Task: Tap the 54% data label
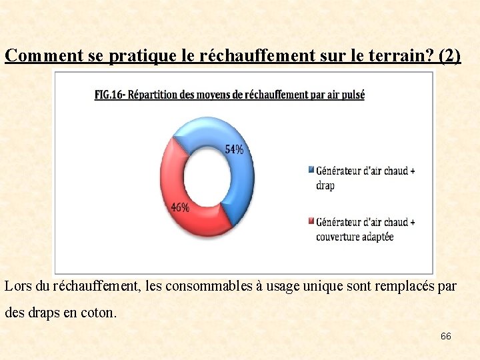(x=234, y=149)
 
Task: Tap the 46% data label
(x=180, y=207)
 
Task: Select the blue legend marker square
(x=311, y=169)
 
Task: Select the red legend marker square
(x=311, y=221)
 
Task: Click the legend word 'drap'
(x=325, y=185)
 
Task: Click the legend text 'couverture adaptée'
(x=355, y=237)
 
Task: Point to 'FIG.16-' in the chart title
(x=111, y=95)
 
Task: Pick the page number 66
(x=445, y=336)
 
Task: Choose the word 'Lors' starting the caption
(x=17, y=287)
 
